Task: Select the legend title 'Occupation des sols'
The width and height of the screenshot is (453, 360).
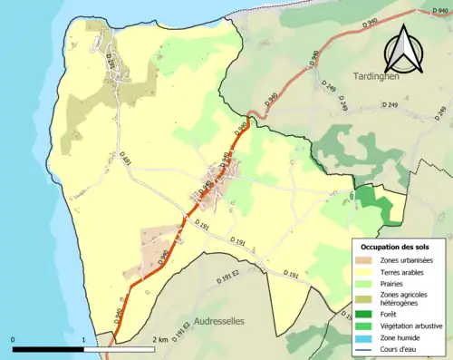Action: coord(396,247)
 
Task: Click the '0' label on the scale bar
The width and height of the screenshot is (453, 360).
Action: coord(14,339)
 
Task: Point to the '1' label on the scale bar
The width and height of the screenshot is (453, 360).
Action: coord(83,339)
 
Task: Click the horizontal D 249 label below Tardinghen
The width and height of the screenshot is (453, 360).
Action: coord(390,106)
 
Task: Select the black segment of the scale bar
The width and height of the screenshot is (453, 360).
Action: coord(48,348)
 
